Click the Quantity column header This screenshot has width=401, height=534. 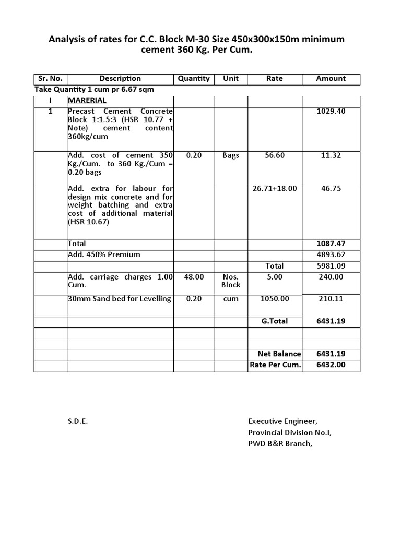[193, 79]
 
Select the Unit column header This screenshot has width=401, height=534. [231, 79]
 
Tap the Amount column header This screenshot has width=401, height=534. [331, 79]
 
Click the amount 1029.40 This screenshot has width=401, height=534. [331, 112]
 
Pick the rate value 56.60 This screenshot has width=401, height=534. [275, 155]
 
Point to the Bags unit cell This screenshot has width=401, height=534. [231, 155]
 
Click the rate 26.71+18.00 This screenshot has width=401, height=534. [275, 188]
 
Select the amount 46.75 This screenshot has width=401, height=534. [331, 188]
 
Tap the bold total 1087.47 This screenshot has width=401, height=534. [331, 244]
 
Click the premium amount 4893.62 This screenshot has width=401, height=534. [331, 255]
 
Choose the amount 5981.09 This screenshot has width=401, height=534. [331, 266]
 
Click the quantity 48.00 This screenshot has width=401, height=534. [194, 277]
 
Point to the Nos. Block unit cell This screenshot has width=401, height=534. [231, 281]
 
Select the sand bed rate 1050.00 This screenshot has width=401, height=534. [275, 299]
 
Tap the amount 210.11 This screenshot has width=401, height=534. [331, 299]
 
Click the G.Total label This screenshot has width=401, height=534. [275, 321]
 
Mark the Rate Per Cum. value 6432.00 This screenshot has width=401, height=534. [331, 365]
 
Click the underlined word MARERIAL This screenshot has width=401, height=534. [87, 100]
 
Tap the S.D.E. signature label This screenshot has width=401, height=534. [78, 421]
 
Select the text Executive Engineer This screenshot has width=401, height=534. [282, 421]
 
